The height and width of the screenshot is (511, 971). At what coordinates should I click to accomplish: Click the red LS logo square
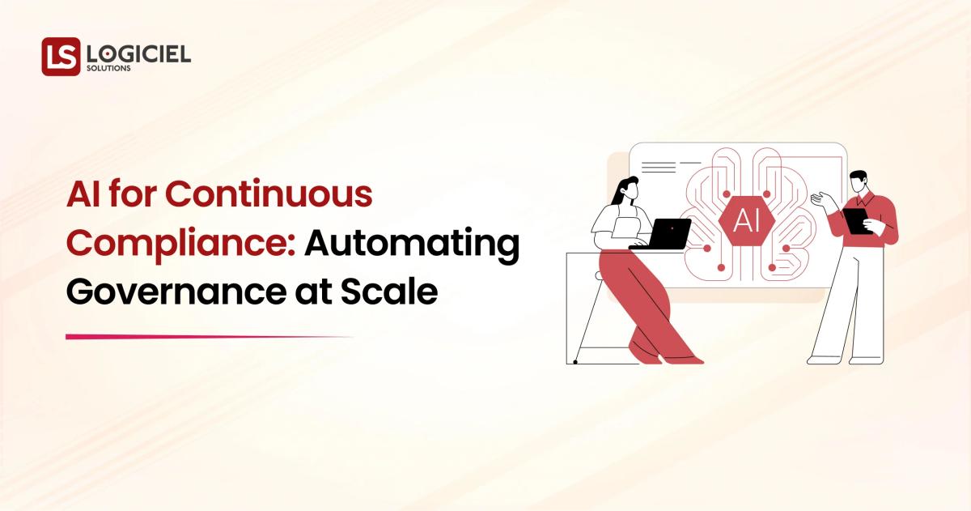click(61, 57)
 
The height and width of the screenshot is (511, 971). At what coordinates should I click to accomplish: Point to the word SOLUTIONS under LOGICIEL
click(108, 69)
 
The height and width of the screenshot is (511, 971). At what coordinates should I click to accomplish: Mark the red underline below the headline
click(209, 336)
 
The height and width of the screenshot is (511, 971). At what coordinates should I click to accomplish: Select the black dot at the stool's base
click(575, 361)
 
